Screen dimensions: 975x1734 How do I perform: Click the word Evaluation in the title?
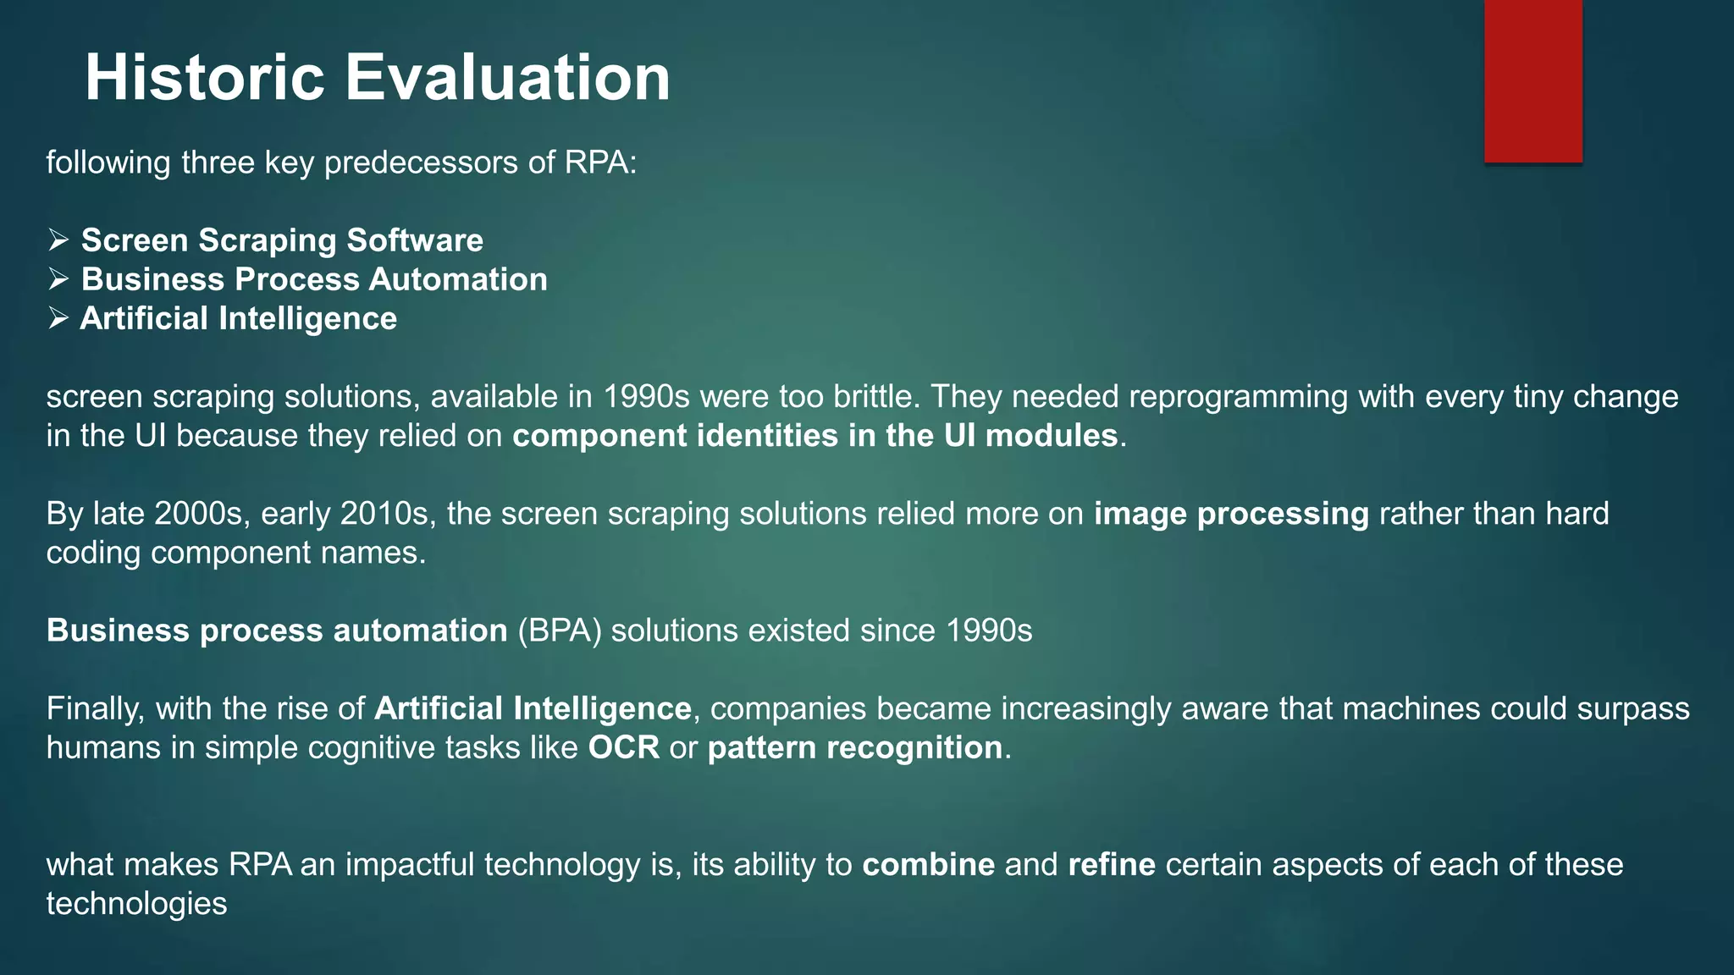click(x=507, y=78)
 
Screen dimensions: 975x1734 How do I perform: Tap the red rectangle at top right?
click(x=1532, y=80)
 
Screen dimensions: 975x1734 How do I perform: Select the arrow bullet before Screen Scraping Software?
click(x=58, y=240)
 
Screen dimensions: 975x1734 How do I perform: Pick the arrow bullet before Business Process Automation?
click(x=58, y=279)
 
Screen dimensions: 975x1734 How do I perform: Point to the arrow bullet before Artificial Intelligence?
click(x=58, y=318)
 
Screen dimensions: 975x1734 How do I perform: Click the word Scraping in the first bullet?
click(x=271, y=241)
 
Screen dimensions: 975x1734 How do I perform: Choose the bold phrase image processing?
click(x=1230, y=514)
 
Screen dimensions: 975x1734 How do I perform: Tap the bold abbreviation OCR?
click(x=623, y=748)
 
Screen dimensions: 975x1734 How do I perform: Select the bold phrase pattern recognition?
click(x=854, y=748)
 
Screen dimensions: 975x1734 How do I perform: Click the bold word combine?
click(x=928, y=865)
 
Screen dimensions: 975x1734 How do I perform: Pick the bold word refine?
click(x=1111, y=865)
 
